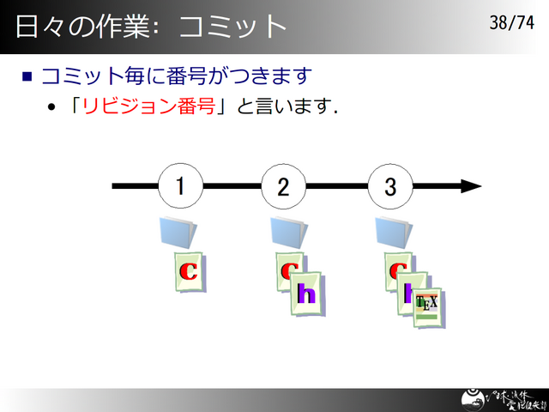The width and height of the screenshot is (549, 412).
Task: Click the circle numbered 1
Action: pyautogui.click(x=180, y=185)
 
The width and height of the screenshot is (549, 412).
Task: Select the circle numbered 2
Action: pyautogui.click(x=283, y=185)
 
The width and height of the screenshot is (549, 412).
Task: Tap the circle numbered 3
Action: pyautogui.click(x=390, y=185)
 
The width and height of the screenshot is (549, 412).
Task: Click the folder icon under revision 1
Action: pyautogui.click(x=178, y=232)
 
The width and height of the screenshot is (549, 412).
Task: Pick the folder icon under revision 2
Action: pyautogui.click(x=289, y=232)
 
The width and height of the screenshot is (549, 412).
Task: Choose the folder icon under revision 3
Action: pyautogui.click(x=395, y=232)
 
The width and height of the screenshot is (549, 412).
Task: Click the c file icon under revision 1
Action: pyautogui.click(x=189, y=271)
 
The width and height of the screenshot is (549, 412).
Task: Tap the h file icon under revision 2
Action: pyautogui.click(x=306, y=294)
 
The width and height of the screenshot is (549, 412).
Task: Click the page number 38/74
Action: pyautogui.click(x=511, y=23)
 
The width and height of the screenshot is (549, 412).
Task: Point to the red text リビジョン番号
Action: pyautogui.click(x=148, y=108)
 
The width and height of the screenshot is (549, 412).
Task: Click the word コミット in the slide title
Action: pyautogui.click(x=232, y=27)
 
